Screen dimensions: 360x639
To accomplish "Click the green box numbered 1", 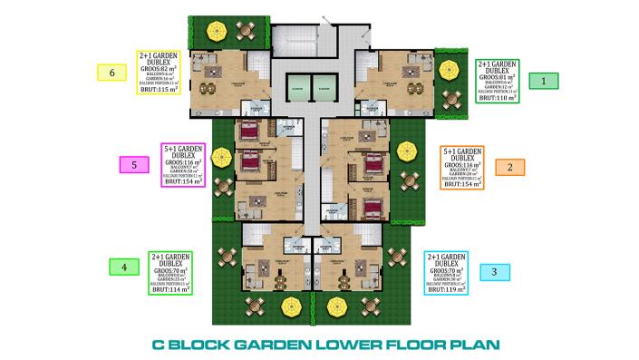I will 544,81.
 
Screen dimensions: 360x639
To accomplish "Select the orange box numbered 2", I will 510,167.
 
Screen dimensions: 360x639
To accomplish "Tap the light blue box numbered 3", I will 494,271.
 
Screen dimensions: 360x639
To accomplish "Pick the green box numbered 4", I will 124,267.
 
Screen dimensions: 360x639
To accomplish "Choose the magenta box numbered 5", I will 134,164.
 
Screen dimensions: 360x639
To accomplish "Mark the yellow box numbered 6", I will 111,72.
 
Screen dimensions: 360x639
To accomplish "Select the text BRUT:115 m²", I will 157,90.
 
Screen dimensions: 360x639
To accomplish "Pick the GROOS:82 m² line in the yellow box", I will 158,68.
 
